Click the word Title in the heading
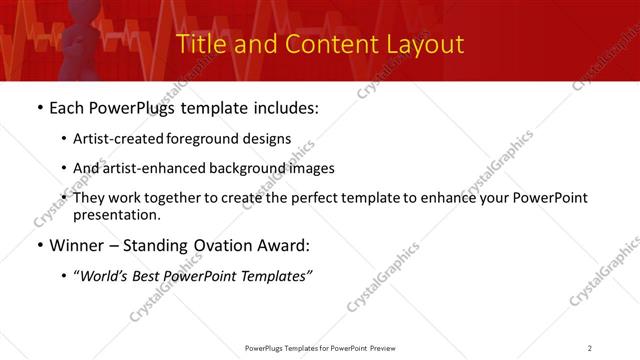tap(200, 45)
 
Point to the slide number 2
tap(590, 348)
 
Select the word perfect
tap(337, 198)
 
